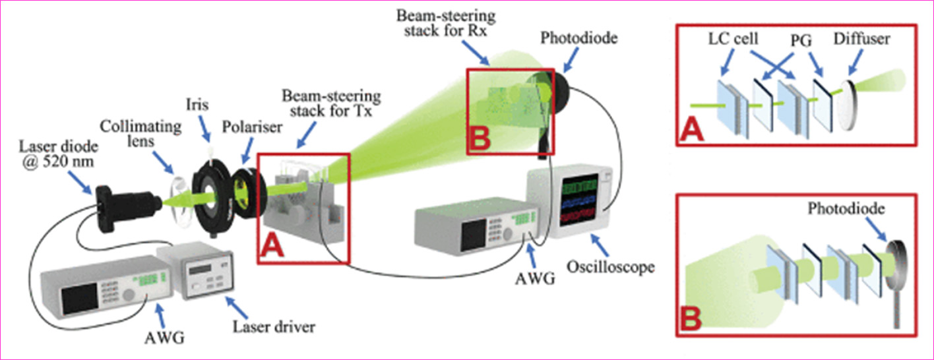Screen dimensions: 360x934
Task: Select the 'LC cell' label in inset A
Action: (x=730, y=40)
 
